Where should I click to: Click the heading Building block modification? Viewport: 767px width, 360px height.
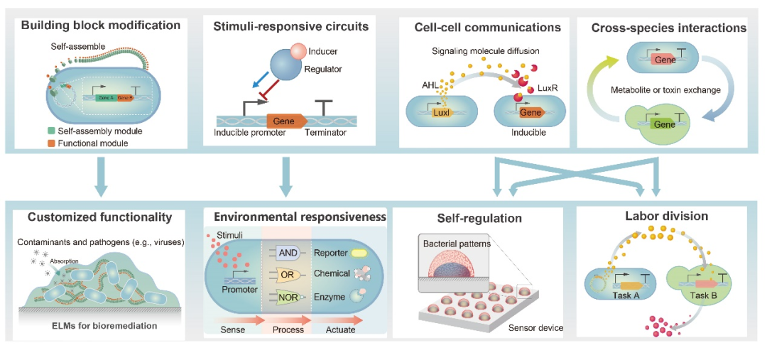pyautogui.click(x=100, y=26)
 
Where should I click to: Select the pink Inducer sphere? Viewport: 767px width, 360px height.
pyautogui.click(x=298, y=51)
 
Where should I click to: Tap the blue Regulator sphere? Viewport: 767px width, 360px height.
pyautogui.click(x=281, y=72)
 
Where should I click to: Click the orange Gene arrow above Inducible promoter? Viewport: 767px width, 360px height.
pyautogui.click(x=286, y=121)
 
